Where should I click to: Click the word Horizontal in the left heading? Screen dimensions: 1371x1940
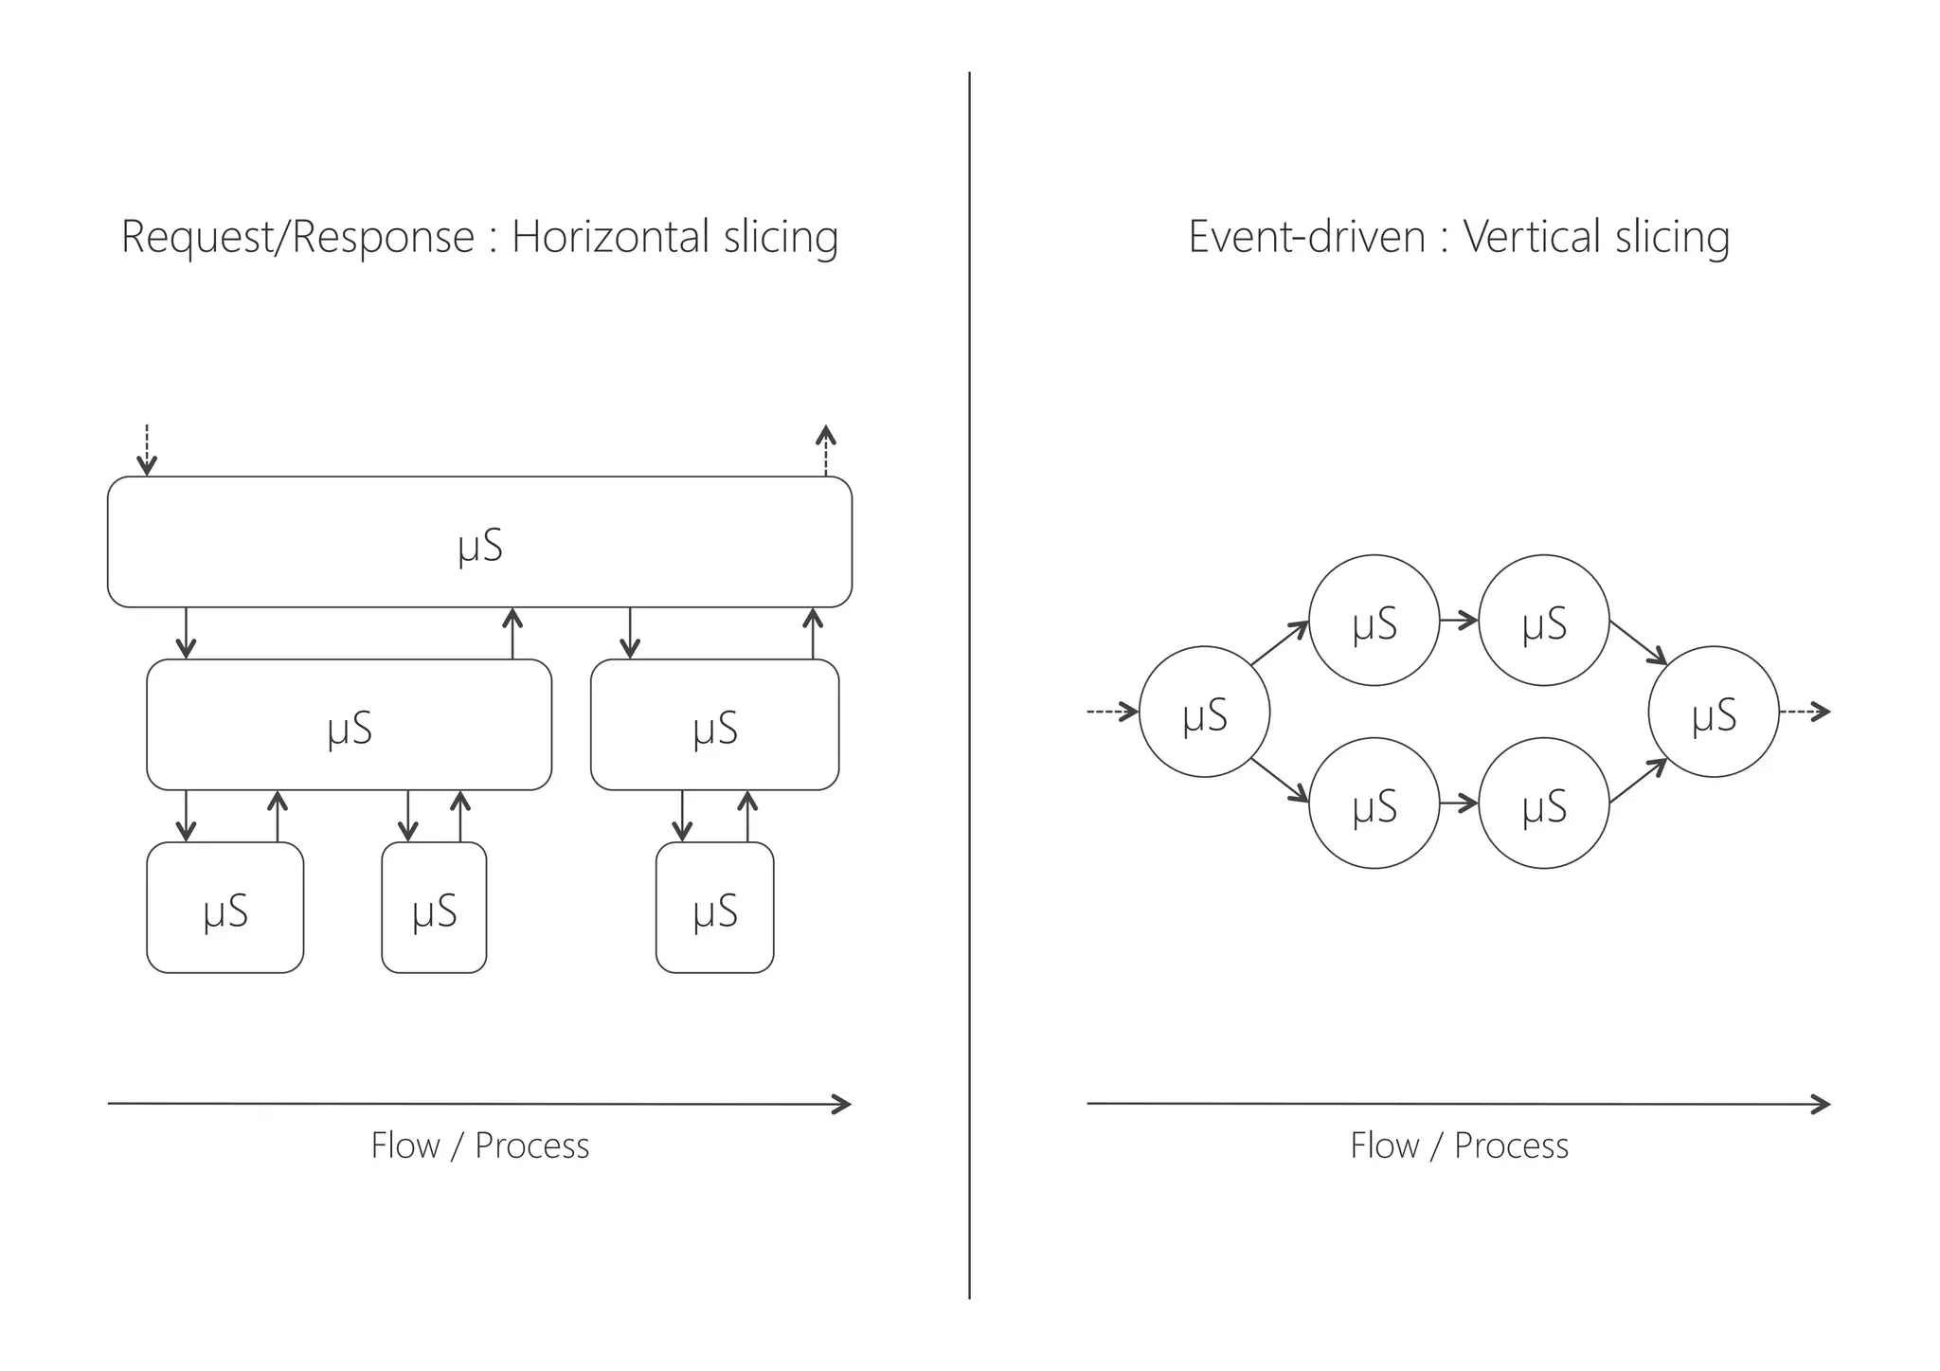coord(610,236)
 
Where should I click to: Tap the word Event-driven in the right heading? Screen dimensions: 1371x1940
coord(1306,236)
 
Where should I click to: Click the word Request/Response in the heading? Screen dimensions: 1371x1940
coord(297,237)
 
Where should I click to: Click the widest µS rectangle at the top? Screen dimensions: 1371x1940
coord(479,542)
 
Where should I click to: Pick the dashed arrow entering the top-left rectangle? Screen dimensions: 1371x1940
coord(146,450)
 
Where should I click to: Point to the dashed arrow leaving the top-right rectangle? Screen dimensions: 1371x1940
coord(826,450)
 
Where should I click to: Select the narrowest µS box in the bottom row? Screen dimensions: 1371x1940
coord(434,908)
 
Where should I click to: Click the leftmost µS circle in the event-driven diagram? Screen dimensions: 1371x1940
coord(1204,713)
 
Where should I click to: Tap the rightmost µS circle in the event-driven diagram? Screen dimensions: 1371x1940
coord(1714,713)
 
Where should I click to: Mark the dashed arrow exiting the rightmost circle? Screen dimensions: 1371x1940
coord(1805,712)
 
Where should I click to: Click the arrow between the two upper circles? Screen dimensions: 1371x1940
coord(1459,622)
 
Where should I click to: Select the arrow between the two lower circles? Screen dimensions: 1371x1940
coord(1459,804)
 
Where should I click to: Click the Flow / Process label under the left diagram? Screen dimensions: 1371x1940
coord(479,1146)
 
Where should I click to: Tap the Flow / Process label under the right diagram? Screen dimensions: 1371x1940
coord(1459,1146)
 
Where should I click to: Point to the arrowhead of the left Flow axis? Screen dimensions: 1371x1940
coord(843,1104)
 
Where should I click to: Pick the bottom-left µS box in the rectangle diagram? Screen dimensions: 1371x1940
coord(225,908)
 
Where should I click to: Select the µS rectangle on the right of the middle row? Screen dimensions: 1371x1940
coord(714,725)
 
